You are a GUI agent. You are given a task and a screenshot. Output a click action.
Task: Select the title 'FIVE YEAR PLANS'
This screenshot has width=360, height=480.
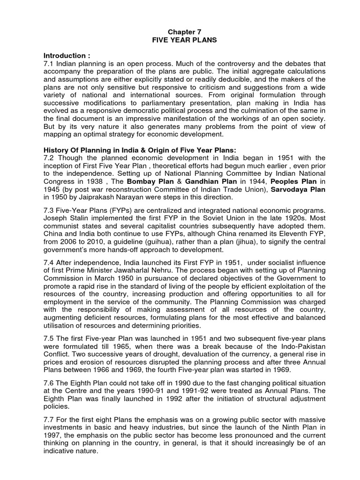(x=180, y=40)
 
